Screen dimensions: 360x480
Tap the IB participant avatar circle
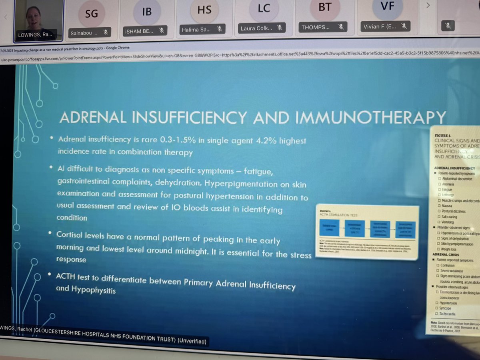pos(147,11)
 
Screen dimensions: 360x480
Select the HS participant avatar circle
pos(204,10)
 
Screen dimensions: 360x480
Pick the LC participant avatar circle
pos(264,8)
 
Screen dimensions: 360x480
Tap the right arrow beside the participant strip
pos(428,6)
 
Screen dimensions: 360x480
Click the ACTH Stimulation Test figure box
pos(366,232)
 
